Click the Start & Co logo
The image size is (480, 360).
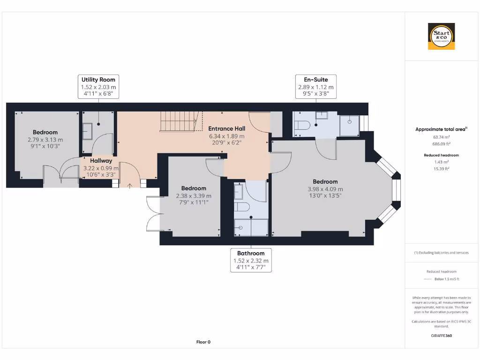click(442, 37)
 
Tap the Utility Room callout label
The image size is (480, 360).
click(98, 87)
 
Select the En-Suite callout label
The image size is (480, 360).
click(316, 87)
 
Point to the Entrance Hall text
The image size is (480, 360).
click(226, 128)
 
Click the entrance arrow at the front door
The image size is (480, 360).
click(130, 184)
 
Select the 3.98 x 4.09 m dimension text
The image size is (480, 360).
click(325, 189)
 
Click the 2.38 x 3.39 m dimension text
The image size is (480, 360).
click(194, 196)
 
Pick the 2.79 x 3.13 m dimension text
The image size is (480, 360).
click(45, 140)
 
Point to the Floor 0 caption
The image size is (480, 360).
click(203, 342)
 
